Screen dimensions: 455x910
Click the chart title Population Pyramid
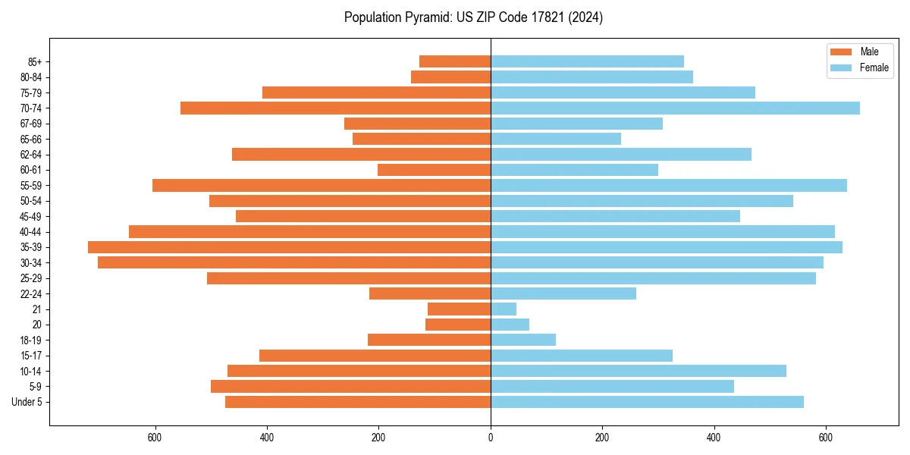pos(473,17)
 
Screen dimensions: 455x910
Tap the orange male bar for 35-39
pos(289,247)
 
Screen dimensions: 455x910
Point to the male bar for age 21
pos(459,309)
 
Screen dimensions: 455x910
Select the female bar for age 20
pos(510,325)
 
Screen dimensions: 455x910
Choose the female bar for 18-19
pos(523,340)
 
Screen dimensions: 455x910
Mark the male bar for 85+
pos(455,61)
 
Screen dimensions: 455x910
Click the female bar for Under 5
pos(647,402)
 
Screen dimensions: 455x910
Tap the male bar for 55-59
pos(322,185)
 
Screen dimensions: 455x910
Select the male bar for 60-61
pos(434,170)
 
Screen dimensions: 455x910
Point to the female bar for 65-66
pos(556,139)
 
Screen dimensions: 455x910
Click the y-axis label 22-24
pos(31,293)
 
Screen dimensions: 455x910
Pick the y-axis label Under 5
pos(27,402)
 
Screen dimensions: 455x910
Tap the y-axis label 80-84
pos(31,77)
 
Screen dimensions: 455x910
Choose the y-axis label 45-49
pos(31,216)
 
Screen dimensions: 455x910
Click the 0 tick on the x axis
pos(491,438)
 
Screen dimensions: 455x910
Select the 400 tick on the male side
pos(267,438)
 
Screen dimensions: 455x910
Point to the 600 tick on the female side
pos(826,438)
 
